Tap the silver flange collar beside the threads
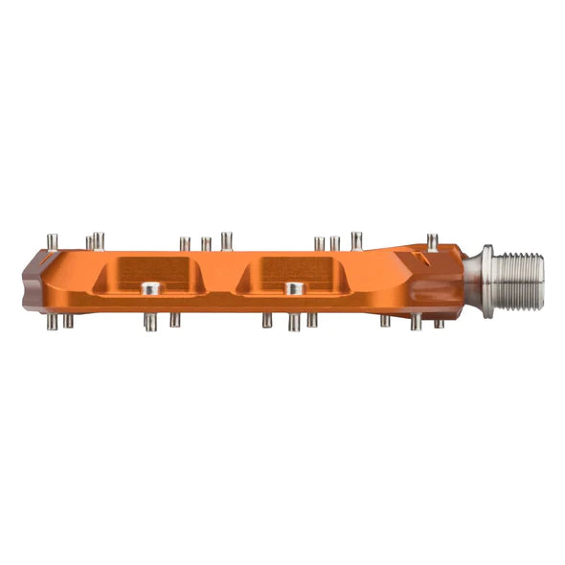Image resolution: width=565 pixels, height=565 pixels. coord(486,274)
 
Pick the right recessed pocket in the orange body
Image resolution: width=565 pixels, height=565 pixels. coord(291,271)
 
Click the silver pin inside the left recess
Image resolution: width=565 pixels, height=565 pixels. coord(149,287)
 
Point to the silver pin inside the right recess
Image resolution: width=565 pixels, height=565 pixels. coord(294,287)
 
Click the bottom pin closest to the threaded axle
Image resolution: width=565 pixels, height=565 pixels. coord(439,323)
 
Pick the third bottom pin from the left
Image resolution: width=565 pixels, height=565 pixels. coord(150,323)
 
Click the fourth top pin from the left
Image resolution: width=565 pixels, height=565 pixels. coord(185,243)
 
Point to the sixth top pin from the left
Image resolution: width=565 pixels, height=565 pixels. coord(226,239)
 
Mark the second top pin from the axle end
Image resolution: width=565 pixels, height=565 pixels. coord(356,239)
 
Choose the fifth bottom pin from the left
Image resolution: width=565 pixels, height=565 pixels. coord(267,321)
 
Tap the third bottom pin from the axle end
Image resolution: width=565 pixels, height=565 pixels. coord(385,321)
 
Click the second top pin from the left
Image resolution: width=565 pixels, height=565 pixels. coord(89,242)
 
